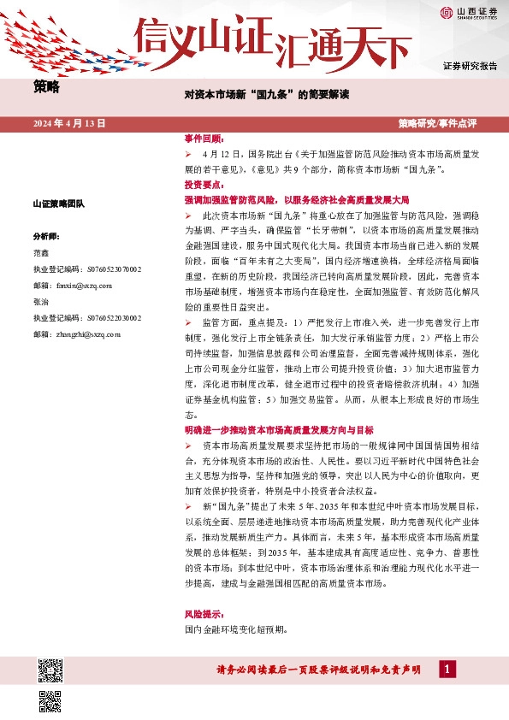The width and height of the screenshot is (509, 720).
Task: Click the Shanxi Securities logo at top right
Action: [469, 12]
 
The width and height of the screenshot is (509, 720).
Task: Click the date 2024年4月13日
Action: [69, 123]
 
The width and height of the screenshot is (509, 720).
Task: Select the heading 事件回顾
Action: [204, 139]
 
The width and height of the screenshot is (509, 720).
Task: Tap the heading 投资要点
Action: [204, 184]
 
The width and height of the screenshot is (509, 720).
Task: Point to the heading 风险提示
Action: [204, 614]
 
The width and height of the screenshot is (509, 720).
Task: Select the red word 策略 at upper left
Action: [47, 86]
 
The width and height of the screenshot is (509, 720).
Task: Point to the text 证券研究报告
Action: [470, 66]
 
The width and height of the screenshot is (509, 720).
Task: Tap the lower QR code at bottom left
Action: [50, 701]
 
